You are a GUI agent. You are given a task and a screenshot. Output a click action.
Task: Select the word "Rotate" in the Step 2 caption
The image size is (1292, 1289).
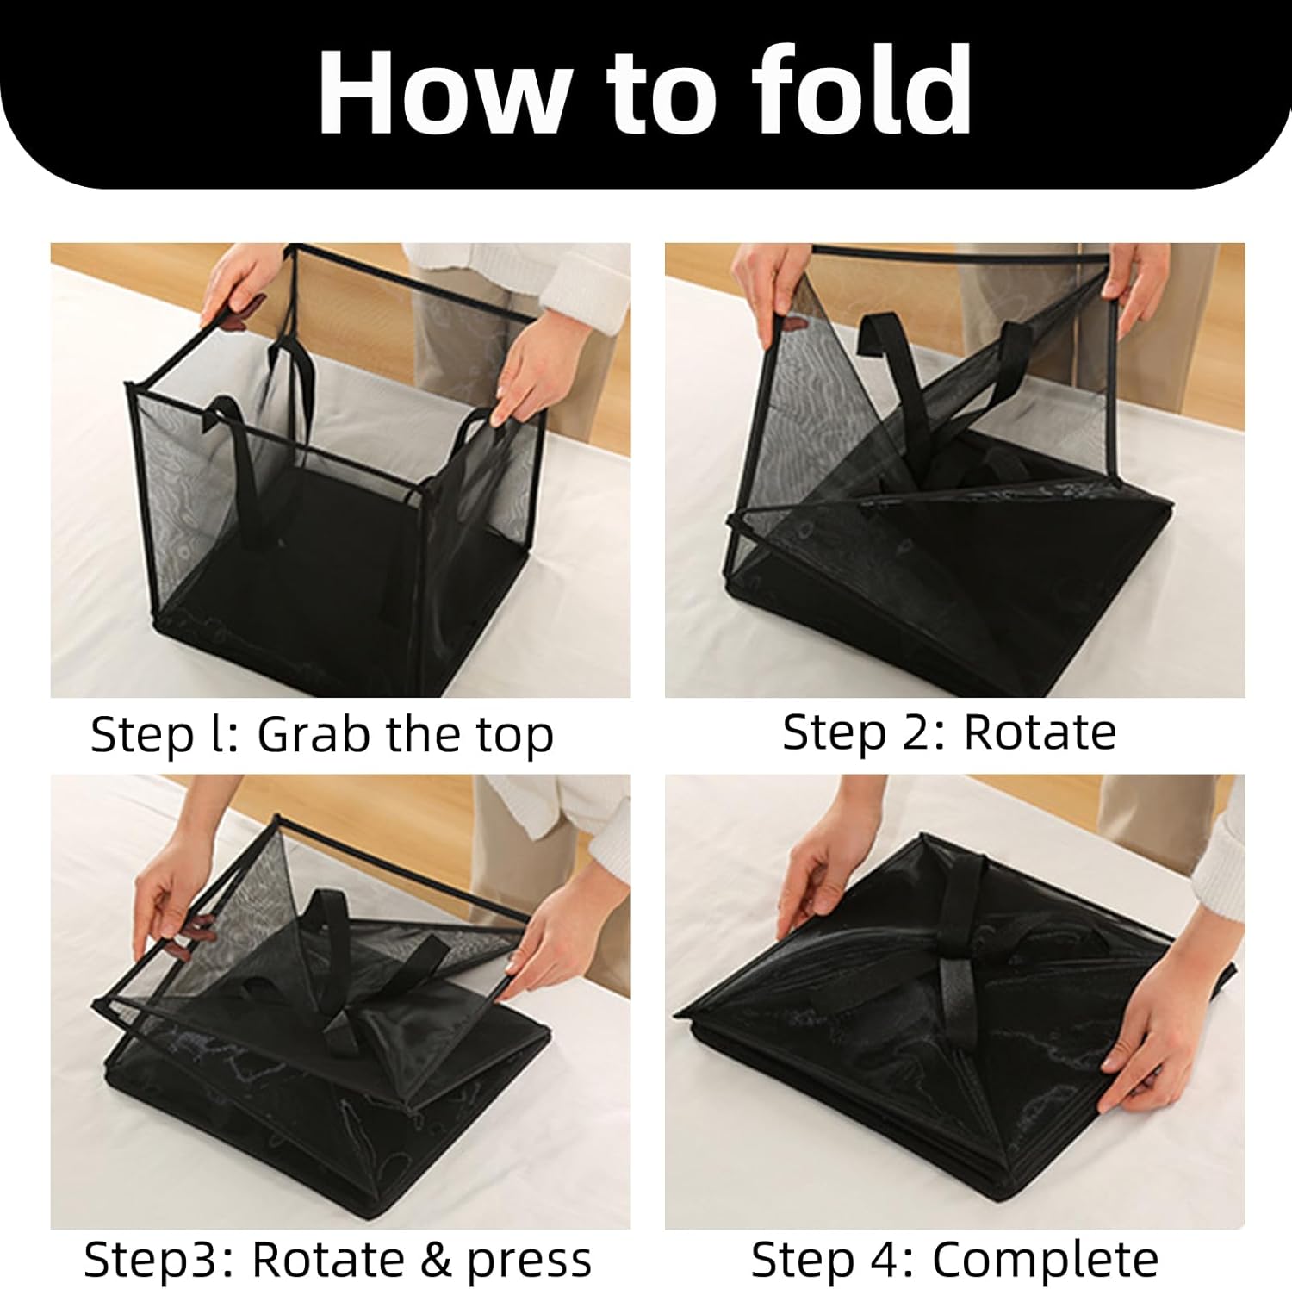(x=1039, y=733)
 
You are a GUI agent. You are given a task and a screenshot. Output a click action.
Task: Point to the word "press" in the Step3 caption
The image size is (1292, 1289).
(x=529, y=1261)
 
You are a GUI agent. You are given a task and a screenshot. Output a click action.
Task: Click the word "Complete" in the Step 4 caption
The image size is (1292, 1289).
(x=1045, y=1260)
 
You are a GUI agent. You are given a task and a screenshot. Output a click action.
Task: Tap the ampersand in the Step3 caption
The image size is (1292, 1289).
(x=436, y=1261)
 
